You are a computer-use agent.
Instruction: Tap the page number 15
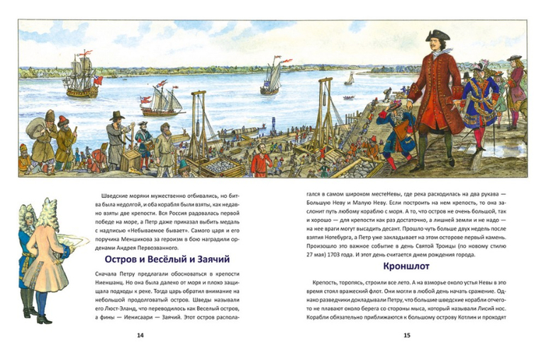(x=406, y=335)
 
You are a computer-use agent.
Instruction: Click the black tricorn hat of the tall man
(x=438, y=37)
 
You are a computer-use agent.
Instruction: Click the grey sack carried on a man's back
(x=34, y=128)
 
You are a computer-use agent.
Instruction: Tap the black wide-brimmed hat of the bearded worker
(x=117, y=115)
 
